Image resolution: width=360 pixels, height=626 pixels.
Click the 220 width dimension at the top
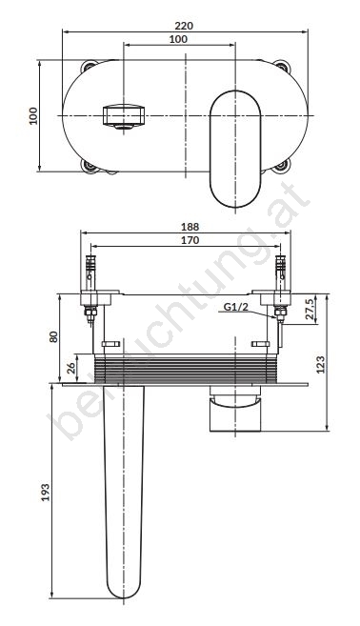click(184, 26)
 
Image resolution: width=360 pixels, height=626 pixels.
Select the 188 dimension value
click(190, 227)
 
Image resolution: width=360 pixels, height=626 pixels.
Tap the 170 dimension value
click(190, 240)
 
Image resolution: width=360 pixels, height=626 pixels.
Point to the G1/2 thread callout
click(235, 307)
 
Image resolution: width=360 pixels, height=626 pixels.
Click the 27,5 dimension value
click(310, 309)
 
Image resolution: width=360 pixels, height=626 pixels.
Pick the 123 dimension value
click(321, 364)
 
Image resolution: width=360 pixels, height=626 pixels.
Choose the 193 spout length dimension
click(46, 493)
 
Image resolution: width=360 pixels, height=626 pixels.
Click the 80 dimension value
click(54, 336)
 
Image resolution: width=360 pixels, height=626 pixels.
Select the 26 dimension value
click(71, 368)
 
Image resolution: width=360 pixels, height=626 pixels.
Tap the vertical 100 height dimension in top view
click(33, 116)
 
